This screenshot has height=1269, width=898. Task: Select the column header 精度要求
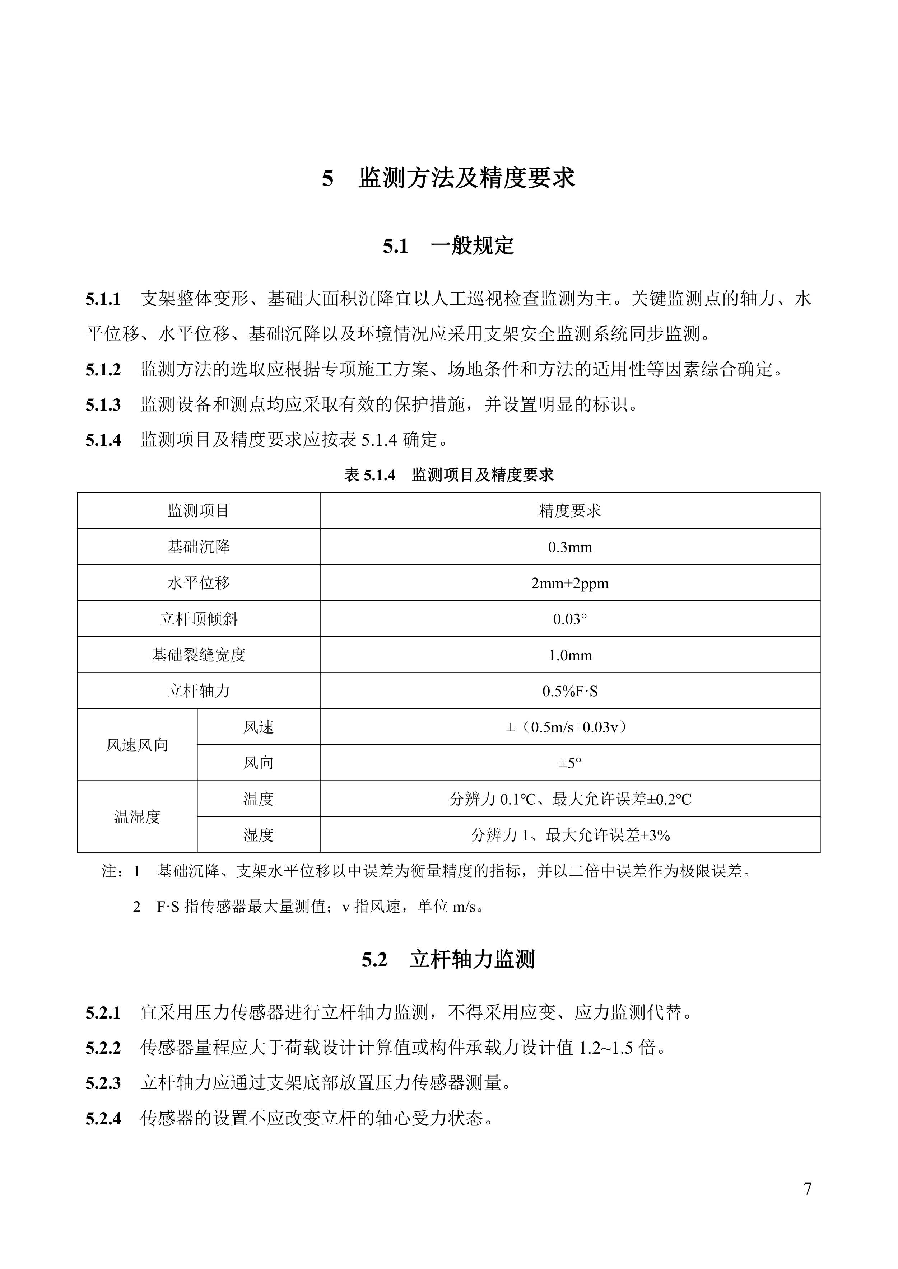(569, 511)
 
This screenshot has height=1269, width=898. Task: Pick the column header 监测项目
(199, 511)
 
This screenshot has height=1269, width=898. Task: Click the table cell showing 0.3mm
(569, 547)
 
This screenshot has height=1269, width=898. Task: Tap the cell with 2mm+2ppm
(569, 583)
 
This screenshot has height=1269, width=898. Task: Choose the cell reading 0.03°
(569, 619)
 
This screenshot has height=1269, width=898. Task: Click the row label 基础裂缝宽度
(199, 655)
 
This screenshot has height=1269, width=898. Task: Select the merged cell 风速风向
(137, 745)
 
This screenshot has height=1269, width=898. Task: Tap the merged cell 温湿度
(137, 817)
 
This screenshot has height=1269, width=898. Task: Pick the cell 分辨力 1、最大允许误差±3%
(569, 835)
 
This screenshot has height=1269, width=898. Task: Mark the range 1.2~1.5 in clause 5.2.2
(605, 1047)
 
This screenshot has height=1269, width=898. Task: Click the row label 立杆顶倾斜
(199, 619)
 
